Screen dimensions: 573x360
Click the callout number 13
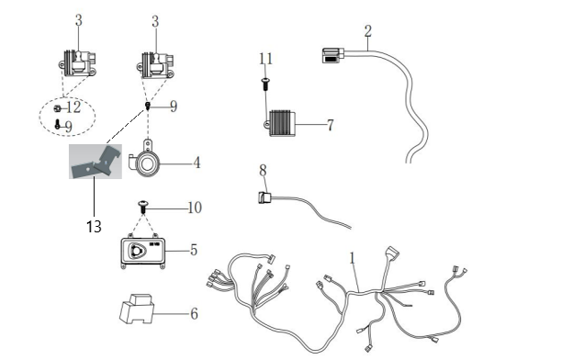[x=94, y=227]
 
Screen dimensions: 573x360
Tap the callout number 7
[x=330, y=125]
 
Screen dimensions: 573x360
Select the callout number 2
[x=367, y=31]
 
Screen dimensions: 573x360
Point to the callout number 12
[x=73, y=107]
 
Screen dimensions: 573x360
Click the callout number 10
[x=195, y=208]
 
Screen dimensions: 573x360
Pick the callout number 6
[x=194, y=313]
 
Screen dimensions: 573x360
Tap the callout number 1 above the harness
[x=352, y=258]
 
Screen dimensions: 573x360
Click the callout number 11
[x=265, y=59]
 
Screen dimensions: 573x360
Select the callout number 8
[x=263, y=170]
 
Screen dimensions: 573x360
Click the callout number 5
[x=194, y=251]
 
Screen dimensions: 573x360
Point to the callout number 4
[x=197, y=163]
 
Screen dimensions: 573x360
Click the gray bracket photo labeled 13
[x=95, y=162]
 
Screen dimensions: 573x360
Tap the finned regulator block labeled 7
[x=281, y=124]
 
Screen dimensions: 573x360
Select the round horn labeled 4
[x=144, y=158]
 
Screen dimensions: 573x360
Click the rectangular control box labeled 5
[x=142, y=253]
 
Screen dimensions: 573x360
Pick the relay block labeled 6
[x=137, y=309]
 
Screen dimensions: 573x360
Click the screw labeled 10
[x=143, y=208]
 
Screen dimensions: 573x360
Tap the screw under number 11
[x=264, y=84]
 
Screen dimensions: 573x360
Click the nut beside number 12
[x=57, y=108]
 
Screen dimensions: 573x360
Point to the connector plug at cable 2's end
[x=333, y=55]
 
